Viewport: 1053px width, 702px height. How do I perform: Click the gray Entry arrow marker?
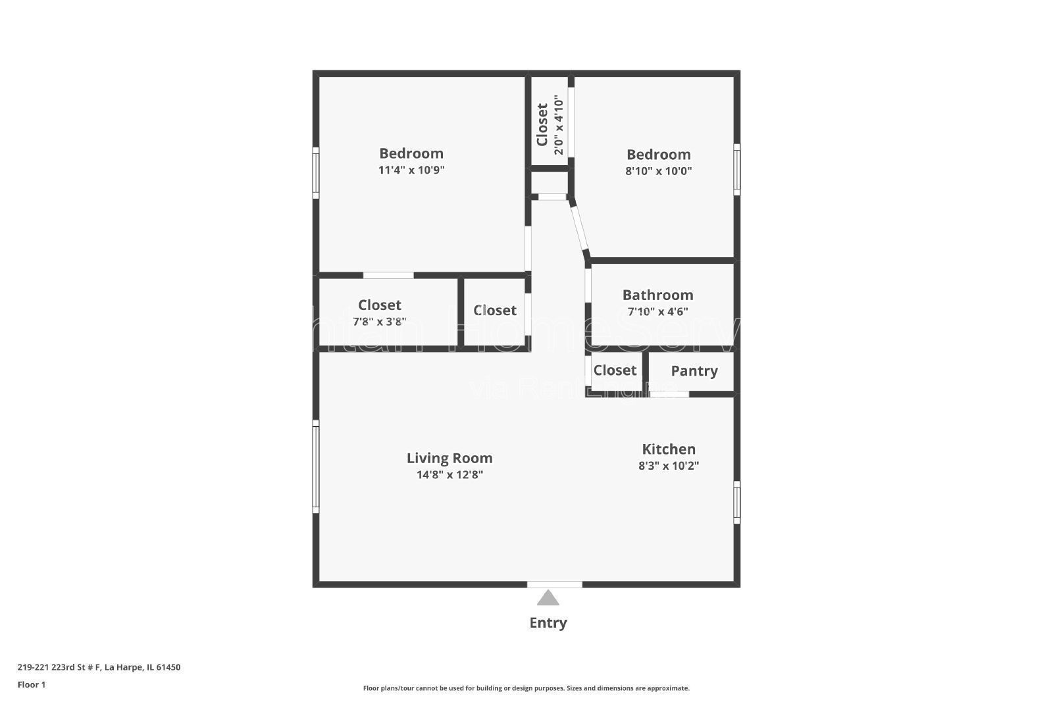click(x=548, y=598)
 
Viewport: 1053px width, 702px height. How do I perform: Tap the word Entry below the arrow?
click(x=548, y=622)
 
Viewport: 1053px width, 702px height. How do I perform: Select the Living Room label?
click(x=449, y=458)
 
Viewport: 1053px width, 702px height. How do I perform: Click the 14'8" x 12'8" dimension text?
click(x=449, y=475)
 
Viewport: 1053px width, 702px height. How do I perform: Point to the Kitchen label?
click(x=669, y=449)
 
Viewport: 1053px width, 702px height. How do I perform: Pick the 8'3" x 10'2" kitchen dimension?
click(x=669, y=466)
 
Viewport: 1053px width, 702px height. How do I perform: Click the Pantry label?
click(x=694, y=371)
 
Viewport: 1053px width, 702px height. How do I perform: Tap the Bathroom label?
click(x=657, y=295)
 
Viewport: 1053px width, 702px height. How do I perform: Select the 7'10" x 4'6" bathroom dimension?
click(x=657, y=312)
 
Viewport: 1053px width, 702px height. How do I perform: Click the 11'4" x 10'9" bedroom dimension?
click(x=411, y=170)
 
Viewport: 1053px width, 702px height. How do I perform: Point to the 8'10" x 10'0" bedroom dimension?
click(x=658, y=171)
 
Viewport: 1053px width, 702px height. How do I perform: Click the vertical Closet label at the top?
click(x=542, y=124)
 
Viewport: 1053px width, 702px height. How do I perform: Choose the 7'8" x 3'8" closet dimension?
click(x=380, y=322)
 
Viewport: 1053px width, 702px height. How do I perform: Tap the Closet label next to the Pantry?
click(x=615, y=370)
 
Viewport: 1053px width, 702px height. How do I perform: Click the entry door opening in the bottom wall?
click(x=554, y=584)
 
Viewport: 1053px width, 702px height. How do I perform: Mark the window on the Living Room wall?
click(x=316, y=468)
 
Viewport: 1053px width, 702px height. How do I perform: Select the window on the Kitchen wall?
click(x=736, y=502)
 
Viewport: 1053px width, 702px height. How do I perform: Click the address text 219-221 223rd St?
click(x=99, y=667)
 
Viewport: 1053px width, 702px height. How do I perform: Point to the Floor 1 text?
click(x=32, y=685)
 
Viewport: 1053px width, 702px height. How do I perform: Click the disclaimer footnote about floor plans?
click(x=526, y=688)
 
